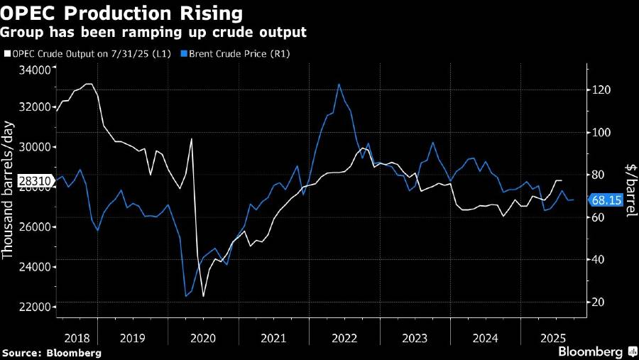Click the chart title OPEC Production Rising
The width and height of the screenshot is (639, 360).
tap(122, 13)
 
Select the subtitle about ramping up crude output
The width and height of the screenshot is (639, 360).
tap(155, 32)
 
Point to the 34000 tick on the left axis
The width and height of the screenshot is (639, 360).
tap(35, 70)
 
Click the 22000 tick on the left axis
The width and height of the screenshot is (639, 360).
tap(35, 306)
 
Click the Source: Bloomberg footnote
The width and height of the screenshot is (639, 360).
tap(51, 352)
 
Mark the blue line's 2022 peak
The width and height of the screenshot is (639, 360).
tap(339, 84)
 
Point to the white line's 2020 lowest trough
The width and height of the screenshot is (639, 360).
tap(203, 296)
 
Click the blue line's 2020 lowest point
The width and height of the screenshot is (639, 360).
tap(186, 296)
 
